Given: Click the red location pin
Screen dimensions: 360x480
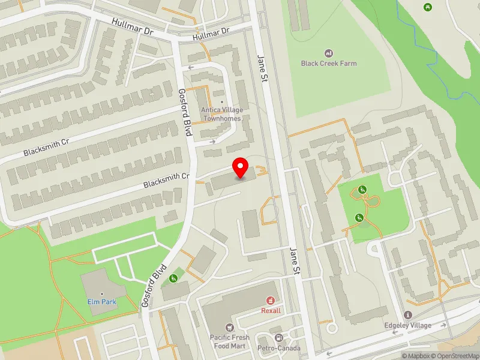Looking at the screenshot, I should (x=241, y=167).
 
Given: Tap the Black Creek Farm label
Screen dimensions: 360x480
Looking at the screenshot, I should (x=329, y=64).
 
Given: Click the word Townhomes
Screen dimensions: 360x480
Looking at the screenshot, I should (x=221, y=118).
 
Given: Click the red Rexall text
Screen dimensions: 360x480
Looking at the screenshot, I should (x=271, y=311).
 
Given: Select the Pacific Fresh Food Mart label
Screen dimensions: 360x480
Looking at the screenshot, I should (x=229, y=342).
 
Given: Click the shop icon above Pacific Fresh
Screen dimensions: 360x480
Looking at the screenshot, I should (x=229, y=327).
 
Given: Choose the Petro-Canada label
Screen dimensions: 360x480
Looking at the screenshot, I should (x=278, y=349).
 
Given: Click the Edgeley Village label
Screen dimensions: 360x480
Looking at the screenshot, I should (x=408, y=326).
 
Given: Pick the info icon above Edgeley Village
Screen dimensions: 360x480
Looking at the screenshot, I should (x=408, y=315).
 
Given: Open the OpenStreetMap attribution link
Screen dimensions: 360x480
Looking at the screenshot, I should (x=458, y=356).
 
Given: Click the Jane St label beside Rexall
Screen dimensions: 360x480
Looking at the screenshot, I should (x=294, y=260).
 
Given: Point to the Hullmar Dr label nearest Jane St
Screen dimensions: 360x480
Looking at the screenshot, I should (x=211, y=34).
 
